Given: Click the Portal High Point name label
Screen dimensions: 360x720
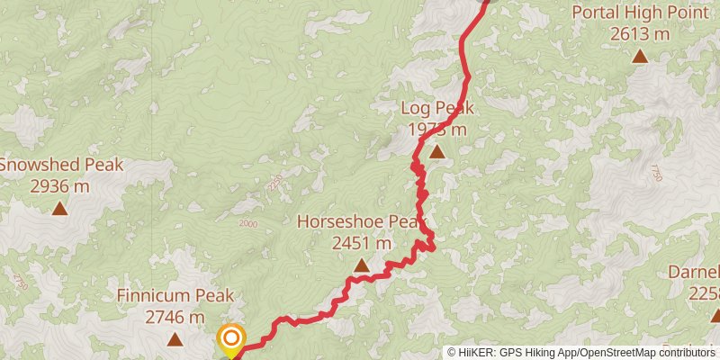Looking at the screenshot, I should (639, 13).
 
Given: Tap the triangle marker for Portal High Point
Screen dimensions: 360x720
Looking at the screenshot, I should (639, 57).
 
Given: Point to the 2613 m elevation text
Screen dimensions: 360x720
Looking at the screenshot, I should (639, 34).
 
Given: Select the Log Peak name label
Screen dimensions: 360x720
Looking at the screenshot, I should (437, 108).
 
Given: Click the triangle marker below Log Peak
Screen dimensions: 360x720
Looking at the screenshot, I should (436, 152).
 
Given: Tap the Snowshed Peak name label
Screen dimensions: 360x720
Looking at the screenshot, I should (60, 165).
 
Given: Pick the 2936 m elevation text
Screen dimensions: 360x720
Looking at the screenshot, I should (59, 186).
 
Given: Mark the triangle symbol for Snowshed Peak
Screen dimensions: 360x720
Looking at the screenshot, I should (59, 209).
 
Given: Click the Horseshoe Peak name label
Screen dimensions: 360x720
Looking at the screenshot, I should (360, 221).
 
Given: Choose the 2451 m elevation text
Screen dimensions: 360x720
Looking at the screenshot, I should (362, 243).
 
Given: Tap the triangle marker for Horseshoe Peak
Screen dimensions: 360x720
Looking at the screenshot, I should (361, 265).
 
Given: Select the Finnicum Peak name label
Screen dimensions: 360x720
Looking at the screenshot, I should (175, 295).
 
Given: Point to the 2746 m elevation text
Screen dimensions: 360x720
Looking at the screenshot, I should (175, 317).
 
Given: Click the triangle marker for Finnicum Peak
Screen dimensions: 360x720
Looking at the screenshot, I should (175, 339).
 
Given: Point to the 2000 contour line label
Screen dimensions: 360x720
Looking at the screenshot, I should (248, 224).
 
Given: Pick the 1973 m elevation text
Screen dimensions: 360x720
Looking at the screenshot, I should (437, 130).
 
